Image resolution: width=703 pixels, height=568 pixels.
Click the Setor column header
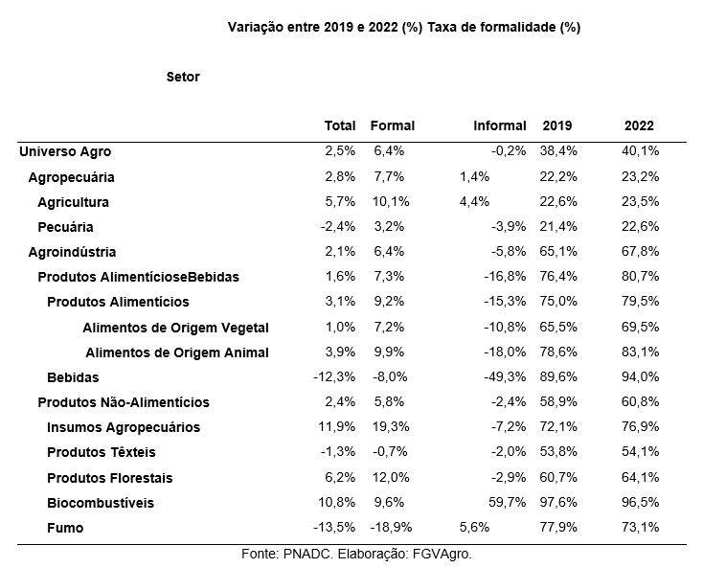[x=183, y=77]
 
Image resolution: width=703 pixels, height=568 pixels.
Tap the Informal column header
[x=499, y=125]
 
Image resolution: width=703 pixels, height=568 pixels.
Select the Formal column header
[x=393, y=125]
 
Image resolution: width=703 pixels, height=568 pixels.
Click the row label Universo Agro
[x=65, y=151]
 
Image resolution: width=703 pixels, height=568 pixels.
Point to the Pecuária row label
[x=65, y=227]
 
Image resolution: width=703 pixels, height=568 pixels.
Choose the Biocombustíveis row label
[x=101, y=503]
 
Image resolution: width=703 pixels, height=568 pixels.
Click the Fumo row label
[x=65, y=528]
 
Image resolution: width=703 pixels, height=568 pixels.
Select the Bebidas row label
[x=73, y=377]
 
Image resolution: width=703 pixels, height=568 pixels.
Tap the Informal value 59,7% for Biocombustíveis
[x=507, y=502]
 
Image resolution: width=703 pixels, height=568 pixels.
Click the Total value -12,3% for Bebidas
[x=334, y=376]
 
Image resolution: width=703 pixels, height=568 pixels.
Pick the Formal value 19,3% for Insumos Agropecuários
[x=391, y=426]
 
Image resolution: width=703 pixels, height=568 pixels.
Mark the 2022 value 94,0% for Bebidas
[x=640, y=376]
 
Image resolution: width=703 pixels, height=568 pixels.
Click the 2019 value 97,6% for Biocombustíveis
[x=558, y=502]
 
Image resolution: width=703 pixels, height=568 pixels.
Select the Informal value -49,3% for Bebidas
[x=505, y=376]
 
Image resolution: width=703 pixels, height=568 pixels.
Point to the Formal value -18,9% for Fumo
[x=391, y=527]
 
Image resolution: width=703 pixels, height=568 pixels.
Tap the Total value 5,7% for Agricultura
[x=340, y=201]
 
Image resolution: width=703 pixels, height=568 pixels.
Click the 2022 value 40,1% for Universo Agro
[x=640, y=150]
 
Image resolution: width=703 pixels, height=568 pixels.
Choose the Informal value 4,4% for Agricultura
[x=474, y=201]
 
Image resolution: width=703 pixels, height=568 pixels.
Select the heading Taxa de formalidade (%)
[x=504, y=28]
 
